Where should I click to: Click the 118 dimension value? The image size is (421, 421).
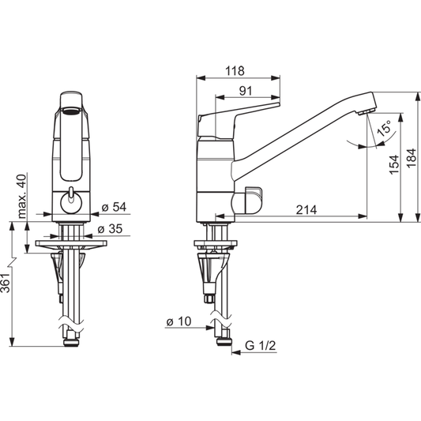coord(235,70)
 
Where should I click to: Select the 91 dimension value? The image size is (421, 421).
coord(246,91)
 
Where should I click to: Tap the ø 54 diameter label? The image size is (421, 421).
coord(115,208)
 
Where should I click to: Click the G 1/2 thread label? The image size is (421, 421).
coord(261,347)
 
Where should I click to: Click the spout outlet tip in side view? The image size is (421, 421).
coord(365,110)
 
